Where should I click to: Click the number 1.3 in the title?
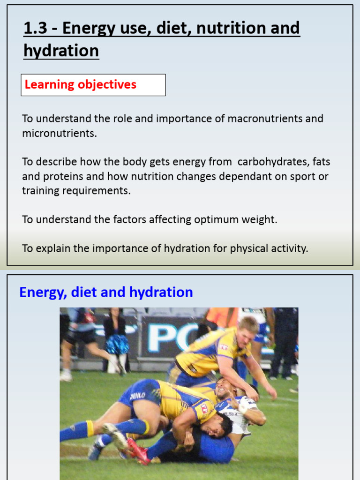36,29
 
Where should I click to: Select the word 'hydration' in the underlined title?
61,51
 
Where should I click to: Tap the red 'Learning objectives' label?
80,85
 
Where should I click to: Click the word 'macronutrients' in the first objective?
265,119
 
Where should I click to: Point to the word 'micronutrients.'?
60,133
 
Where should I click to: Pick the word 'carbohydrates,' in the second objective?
273,162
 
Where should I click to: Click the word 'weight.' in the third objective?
258,219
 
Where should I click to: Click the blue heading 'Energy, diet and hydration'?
106,292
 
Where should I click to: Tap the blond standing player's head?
246,330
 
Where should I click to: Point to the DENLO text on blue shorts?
138,396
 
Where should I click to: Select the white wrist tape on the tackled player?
242,407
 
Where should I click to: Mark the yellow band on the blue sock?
90,429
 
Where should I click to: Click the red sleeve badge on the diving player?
204,408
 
